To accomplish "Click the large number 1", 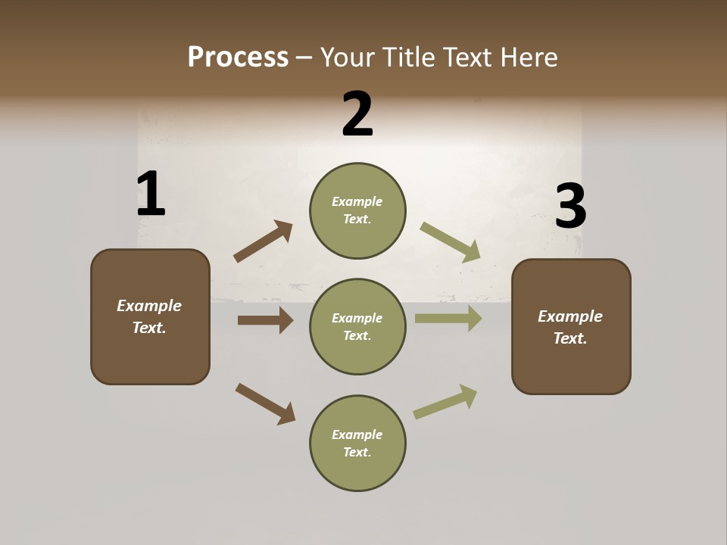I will point(151,194).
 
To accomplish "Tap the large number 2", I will point(357,114).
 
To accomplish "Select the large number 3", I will point(570,207).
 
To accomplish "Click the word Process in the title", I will point(238,57).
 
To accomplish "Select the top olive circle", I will point(357,210).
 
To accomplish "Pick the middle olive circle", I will point(357,326).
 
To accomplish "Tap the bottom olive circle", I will point(357,443).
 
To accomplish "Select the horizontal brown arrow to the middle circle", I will point(265,320).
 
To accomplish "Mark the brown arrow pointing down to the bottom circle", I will point(265,403).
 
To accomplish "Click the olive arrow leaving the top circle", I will point(451,242).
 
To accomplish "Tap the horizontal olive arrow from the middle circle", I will point(448,319).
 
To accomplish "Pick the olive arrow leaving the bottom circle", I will point(445,401).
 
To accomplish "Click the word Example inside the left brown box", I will point(149,306).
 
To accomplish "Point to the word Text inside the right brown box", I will point(570,338).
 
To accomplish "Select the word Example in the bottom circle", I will point(357,434).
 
